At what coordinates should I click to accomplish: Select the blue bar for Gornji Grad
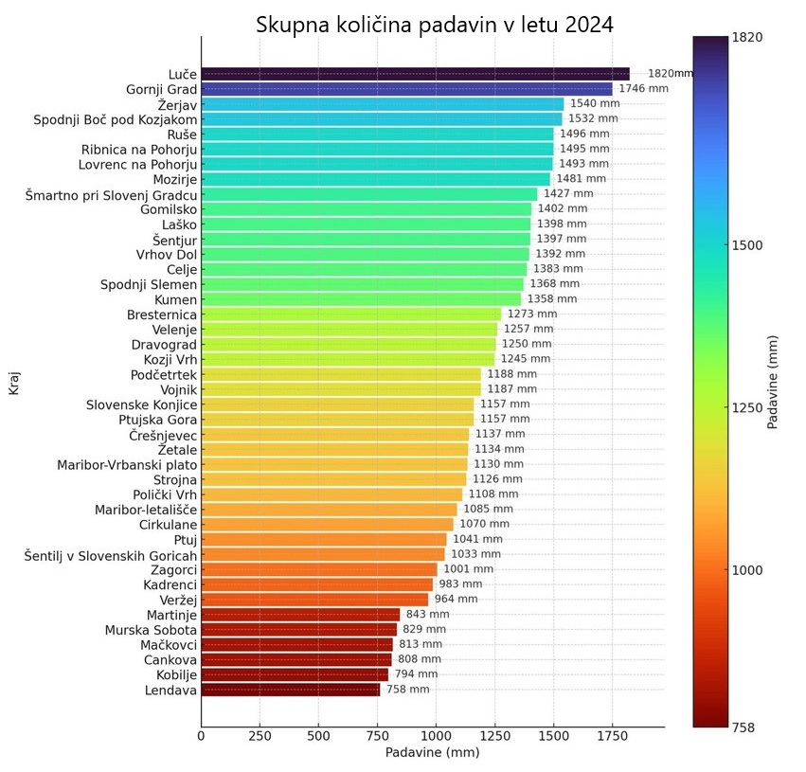(x=406, y=89)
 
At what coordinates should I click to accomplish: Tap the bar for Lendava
(x=290, y=690)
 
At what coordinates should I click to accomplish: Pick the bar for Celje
(x=364, y=269)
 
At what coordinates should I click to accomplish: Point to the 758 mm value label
(x=407, y=690)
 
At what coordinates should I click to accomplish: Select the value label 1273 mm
(x=531, y=314)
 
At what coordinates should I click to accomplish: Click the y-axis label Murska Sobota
(x=152, y=630)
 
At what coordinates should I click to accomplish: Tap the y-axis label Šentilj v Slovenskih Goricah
(x=110, y=555)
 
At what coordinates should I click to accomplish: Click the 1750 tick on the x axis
(x=612, y=735)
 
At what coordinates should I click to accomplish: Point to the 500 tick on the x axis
(x=318, y=735)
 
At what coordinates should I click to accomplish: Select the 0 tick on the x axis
(x=201, y=735)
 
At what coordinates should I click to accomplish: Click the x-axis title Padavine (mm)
(x=432, y=753)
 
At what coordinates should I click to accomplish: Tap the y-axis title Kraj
(x=14, y=386)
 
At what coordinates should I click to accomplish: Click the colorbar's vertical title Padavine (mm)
(x=773, y=382)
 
